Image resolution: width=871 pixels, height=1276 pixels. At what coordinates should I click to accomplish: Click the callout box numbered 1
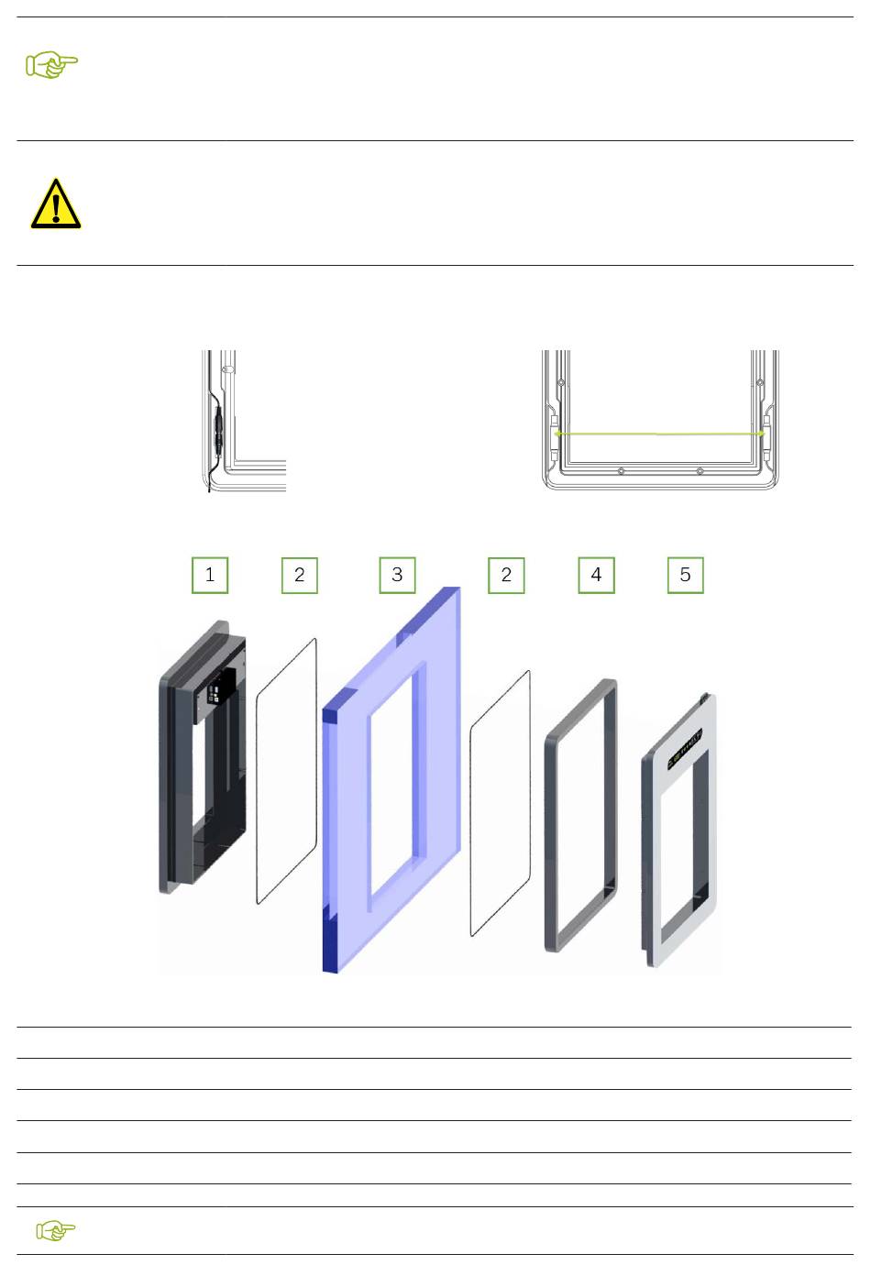click(x=210, y=575)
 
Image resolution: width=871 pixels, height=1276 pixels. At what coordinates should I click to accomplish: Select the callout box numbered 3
click(x=397, y=575)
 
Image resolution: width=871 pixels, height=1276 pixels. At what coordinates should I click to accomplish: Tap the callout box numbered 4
click(x=596, y=575)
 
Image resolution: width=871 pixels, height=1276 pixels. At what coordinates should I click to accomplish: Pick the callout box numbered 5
click(x=685, y=575)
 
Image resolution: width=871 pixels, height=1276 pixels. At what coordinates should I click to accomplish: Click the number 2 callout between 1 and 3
click(x=300, y=575)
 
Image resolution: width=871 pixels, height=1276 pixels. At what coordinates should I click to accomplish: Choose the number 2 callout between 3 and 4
click(x=506, y=575)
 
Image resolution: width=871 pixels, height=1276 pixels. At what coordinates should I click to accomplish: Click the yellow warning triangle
click(x=56, y=203)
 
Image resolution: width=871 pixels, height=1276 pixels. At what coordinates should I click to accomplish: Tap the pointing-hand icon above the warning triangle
click(x=52, y=64)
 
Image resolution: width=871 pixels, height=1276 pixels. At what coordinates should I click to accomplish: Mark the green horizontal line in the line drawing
click(x=659, y=434)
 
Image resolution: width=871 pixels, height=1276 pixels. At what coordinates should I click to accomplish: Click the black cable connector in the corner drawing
click(x=218, y=431)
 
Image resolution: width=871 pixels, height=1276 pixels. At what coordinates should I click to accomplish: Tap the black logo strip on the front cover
click(x=685, y=749)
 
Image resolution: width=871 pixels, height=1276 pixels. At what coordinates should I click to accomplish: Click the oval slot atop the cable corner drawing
click(x=228, y=369)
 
